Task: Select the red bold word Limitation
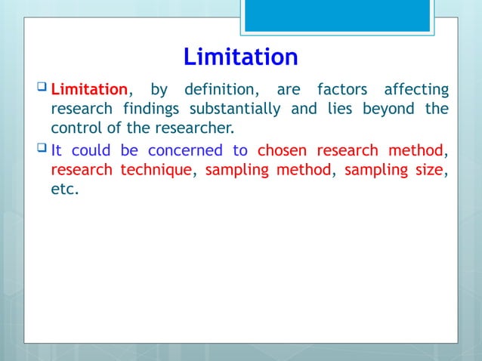click(x=92, y=91)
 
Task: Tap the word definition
click(x=217, y=91)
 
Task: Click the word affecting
click(x=416, y=91)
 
